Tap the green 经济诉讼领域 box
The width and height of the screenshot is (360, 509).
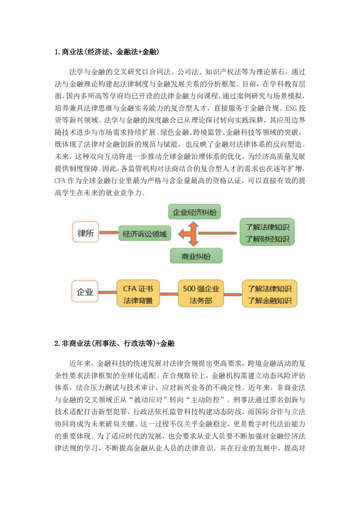coord(145,234)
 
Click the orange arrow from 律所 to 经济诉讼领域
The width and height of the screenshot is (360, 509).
coord(109,234)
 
